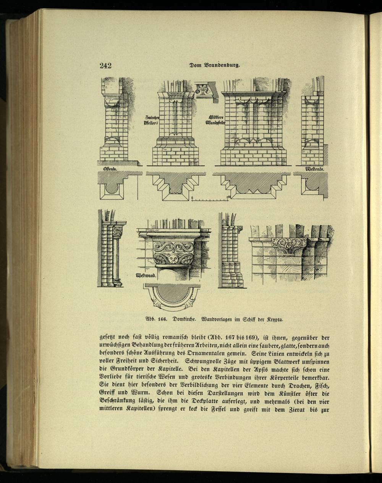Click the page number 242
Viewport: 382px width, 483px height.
click(105, 66)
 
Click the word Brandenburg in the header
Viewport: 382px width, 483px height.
click(222, 66)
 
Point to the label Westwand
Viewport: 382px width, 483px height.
click(146, 275)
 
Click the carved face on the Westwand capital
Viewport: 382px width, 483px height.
click(173, 260)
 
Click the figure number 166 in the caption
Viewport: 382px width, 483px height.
click(162, 319)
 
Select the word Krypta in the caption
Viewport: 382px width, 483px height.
click(275, 319)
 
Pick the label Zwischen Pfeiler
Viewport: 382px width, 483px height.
click(152, 120)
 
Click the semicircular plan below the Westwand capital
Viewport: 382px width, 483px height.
click(172, 296)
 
